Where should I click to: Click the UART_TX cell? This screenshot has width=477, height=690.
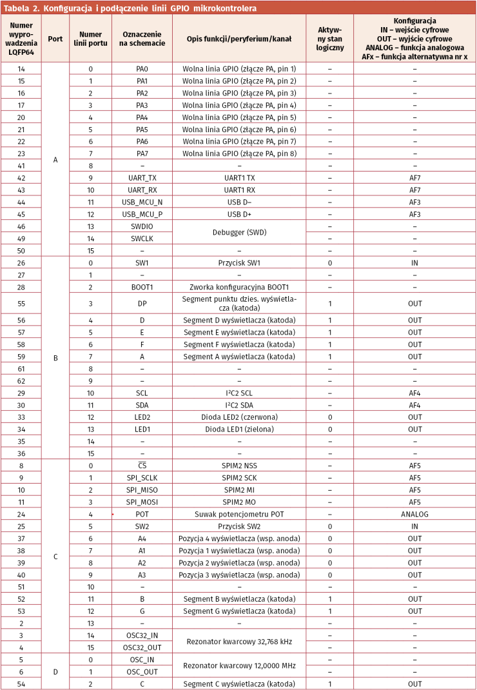coord(142,177)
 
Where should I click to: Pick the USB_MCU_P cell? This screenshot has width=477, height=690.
coord(142,214)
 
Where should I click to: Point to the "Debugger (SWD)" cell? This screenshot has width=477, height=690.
coord(238,232)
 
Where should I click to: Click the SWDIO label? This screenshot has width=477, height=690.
coord(142,226)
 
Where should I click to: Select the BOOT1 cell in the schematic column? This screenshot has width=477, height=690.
coord(142,287)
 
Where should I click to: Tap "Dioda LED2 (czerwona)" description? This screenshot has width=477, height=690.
coord(238,417)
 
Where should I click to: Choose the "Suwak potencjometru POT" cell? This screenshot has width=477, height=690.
coord(238,514)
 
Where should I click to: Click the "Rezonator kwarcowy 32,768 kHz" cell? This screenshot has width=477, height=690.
coord(238,641)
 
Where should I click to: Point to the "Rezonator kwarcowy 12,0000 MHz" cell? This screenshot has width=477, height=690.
coord(238,665)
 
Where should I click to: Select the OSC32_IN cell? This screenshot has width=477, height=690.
coord(142,635)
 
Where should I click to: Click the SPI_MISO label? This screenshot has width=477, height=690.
coord(142,490)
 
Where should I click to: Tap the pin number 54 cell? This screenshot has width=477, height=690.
coord(21,684)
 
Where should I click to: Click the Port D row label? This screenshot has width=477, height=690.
coord(55,671)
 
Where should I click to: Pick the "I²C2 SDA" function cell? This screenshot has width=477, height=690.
coord(238,405)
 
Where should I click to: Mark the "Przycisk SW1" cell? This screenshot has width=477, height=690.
coord(238,262)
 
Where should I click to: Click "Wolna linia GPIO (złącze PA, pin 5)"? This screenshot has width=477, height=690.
coord(238,117)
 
